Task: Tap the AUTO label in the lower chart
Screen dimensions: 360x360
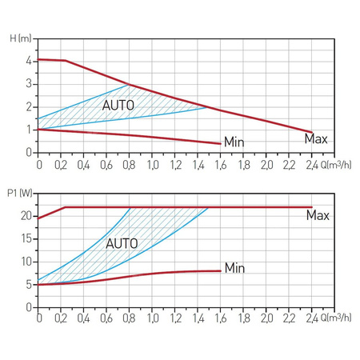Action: coord(122,242)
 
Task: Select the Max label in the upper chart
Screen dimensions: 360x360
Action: coord(317,139)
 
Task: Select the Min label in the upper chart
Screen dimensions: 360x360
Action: coord(234,142)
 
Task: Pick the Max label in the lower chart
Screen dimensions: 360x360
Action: coord(318,215)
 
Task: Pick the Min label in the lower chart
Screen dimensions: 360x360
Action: coord(234,266)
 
